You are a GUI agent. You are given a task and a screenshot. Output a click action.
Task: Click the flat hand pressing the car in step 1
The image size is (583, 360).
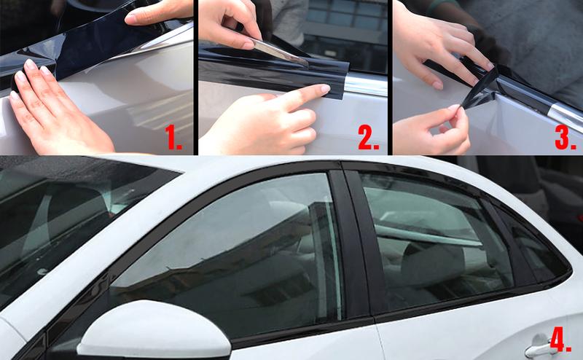click(51, 109)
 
